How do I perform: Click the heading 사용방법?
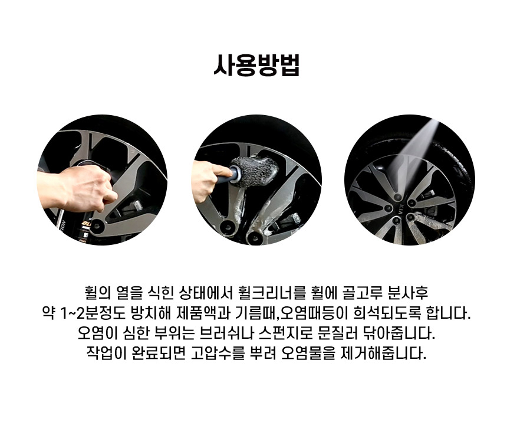coord(256,66)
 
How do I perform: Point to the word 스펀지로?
coord(286,333)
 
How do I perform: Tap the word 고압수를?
coord(218,353)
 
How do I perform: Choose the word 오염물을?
coord(308,353)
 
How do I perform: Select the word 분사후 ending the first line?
coord(408,293)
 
